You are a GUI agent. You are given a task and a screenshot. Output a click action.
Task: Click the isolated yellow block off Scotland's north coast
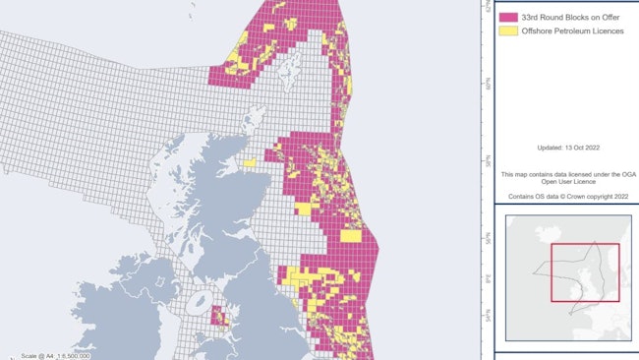tap(250, 163)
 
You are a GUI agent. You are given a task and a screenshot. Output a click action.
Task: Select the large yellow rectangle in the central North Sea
tap(351, 235)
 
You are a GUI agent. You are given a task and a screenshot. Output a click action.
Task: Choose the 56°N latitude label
tap(487, 239)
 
